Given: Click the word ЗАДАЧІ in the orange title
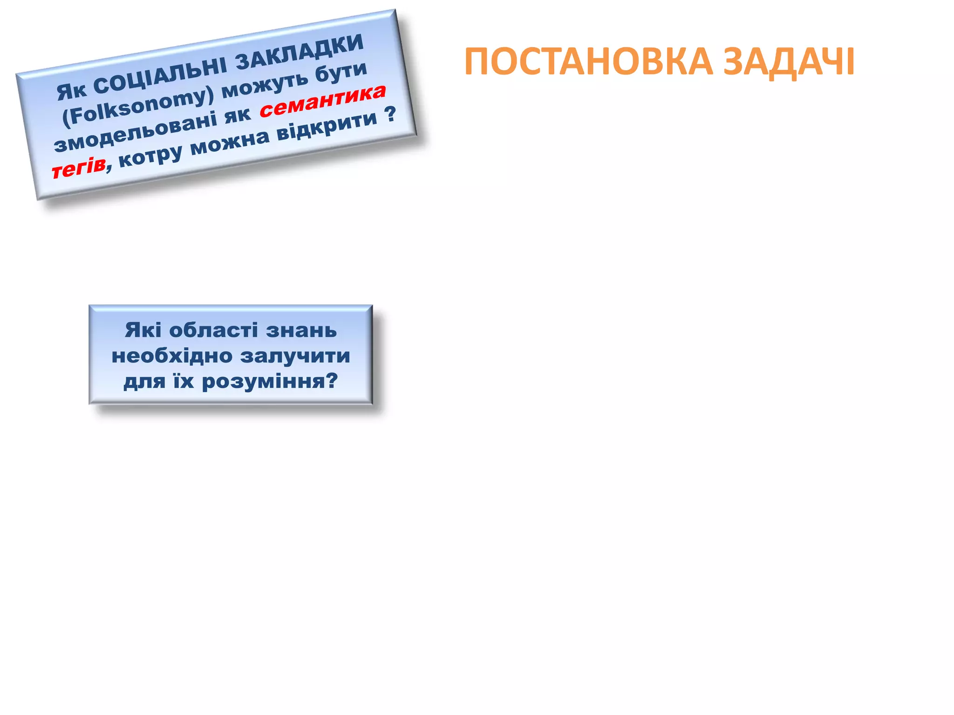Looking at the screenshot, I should [789, 62].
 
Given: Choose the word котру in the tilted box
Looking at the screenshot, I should [150, 156].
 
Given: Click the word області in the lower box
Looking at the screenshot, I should [213, 331].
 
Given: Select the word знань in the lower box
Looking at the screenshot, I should [301, 331].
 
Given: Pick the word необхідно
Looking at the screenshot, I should [172, 356].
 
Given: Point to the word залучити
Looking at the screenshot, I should [295, 356].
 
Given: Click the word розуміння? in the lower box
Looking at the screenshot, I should [270, 382].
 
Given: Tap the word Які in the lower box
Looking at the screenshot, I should [143, 331].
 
